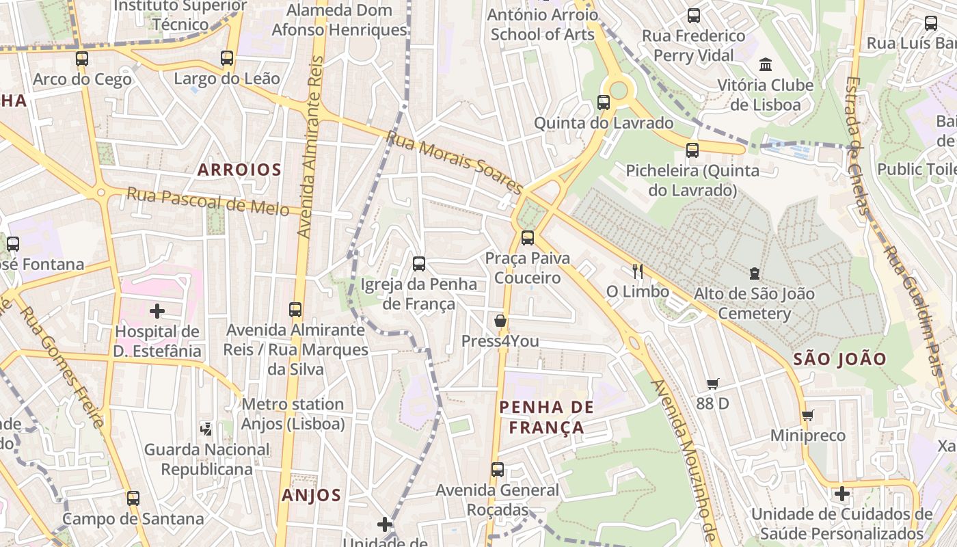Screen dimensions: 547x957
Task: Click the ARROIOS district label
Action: pos(239,170)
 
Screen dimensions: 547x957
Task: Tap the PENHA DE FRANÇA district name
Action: pos(546,417)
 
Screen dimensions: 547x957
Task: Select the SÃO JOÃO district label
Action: pos(840,359)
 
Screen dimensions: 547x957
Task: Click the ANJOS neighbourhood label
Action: pos(311,495)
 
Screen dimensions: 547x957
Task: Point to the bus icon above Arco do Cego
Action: pos(82,59)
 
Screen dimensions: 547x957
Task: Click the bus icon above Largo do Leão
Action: pos(227,58)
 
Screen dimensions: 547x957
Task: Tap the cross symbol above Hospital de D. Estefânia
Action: pos(157,311)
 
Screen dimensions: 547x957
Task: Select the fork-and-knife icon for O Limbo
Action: pos(638,271)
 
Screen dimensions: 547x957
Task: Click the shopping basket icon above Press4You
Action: pos(500,321)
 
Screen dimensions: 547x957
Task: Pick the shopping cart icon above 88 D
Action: pos(713,384)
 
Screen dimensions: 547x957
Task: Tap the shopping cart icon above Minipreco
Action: pos(807,416)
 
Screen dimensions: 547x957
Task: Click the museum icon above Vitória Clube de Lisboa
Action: pos(766,65)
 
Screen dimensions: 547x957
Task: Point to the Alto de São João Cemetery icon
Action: pos(754,273)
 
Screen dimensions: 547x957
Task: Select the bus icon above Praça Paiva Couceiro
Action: pos(527,238)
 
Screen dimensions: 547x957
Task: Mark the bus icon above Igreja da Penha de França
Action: pos(419,264)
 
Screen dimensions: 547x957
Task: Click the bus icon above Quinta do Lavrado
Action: pos(604,103)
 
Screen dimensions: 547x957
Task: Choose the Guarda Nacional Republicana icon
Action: pos(206,429)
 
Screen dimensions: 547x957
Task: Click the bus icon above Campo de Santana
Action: pos(133,498)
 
